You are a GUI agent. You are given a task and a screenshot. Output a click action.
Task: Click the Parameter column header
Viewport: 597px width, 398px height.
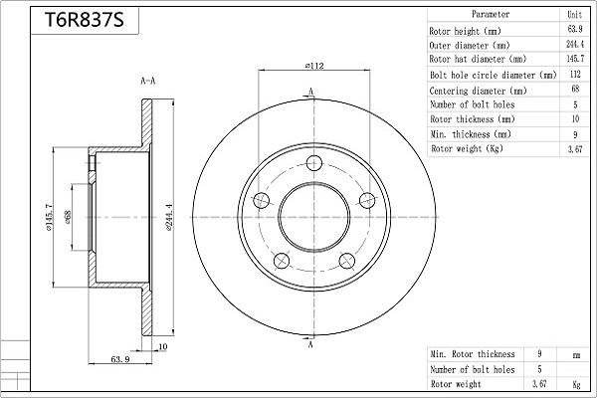click(x=491, y=15)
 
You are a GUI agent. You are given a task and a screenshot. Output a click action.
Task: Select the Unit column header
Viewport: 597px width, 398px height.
click(x=574, y=15)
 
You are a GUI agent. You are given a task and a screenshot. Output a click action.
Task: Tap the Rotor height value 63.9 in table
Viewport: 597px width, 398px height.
click(x=574, y=30)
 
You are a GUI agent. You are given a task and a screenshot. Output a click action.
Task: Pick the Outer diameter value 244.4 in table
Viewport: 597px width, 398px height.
click(x=574, y=45)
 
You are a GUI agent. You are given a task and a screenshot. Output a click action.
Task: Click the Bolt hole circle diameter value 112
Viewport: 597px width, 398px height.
click(x=574, y=75)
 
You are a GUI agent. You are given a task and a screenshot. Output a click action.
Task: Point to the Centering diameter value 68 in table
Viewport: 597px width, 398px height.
click(x=574, y=90)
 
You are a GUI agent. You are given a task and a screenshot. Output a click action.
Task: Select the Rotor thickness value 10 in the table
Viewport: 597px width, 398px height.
click(x=574, y=119)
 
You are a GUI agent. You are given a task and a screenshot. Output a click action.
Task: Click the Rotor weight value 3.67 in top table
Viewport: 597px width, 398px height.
click(x=574, y=149)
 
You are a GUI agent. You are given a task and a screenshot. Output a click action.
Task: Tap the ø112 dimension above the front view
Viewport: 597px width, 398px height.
click(x=317, y=68)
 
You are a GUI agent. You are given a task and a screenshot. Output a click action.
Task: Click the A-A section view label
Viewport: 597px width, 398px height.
click(x=146, y=81)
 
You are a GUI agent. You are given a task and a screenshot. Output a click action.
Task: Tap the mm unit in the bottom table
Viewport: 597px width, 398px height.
click(x=574, y=354)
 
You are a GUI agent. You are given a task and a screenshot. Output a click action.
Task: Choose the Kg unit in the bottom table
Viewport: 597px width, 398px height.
click(x=574, y=383)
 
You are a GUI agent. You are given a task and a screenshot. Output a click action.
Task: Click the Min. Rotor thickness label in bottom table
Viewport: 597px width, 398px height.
click(x=473, y=354)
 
